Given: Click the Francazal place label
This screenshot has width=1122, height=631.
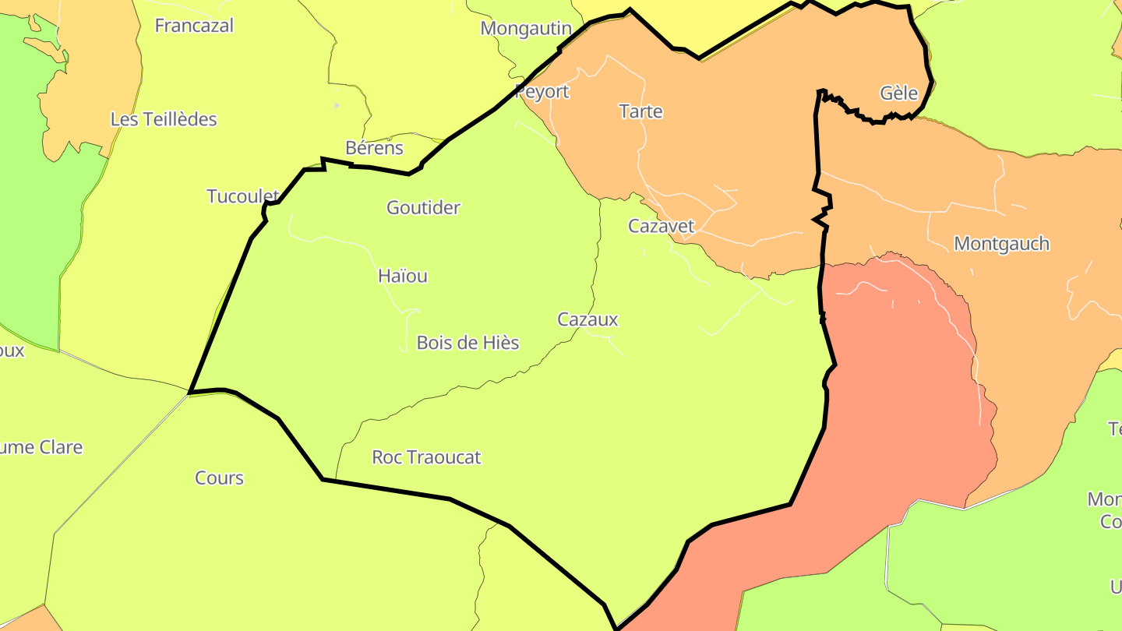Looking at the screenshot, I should click(194, 26).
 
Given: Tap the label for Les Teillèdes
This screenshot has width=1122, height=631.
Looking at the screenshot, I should click(164, 119).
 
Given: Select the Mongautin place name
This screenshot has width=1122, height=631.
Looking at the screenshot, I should click(526, 29).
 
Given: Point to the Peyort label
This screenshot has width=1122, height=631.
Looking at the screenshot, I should click(543, 92).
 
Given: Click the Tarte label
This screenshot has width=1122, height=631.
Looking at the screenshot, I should click(640, 111).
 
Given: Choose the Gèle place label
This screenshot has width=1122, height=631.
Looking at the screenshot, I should click(899, 93).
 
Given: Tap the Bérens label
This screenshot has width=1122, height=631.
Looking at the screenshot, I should click(374, 148).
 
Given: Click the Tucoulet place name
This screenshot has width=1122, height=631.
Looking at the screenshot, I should click(242, 196).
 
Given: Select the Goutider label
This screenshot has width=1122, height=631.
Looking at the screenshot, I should click(423, 208).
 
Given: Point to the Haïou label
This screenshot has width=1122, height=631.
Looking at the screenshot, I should click(402, 276).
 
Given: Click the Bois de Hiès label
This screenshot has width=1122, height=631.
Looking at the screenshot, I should click(467, 343).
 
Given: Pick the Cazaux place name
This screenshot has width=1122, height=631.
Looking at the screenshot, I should click(587, 319).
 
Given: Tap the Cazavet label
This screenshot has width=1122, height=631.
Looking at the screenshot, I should click(661, 227).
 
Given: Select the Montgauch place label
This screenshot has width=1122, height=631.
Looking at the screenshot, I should click(1001, 244).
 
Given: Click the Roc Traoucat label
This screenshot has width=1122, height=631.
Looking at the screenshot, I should click(426, 457).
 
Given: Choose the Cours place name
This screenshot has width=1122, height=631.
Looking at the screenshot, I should click(219, 478).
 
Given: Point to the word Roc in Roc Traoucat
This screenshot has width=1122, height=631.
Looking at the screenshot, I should click(387, 457).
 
